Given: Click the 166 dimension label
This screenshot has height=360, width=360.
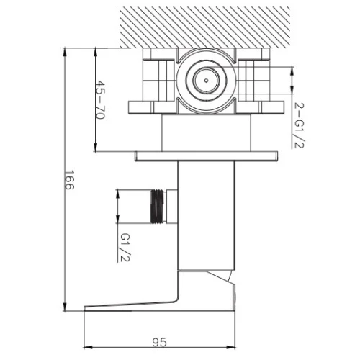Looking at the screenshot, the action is (70, 180).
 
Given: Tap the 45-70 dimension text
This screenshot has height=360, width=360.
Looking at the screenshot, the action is (101, 100).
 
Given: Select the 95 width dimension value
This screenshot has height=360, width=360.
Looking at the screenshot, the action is (159, 342).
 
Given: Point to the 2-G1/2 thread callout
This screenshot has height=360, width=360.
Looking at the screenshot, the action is (300, 125).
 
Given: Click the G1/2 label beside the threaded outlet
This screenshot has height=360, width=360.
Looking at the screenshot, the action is (125, 248).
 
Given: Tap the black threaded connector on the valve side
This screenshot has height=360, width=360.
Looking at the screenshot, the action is (158, 207).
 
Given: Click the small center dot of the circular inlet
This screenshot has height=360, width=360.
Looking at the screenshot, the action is (207, 81).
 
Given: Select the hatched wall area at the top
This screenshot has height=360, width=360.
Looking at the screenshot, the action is (205, 27).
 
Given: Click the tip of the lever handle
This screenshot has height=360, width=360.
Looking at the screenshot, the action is (84, 308).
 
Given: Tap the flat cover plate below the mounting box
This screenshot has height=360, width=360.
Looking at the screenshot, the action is (207, 156).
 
